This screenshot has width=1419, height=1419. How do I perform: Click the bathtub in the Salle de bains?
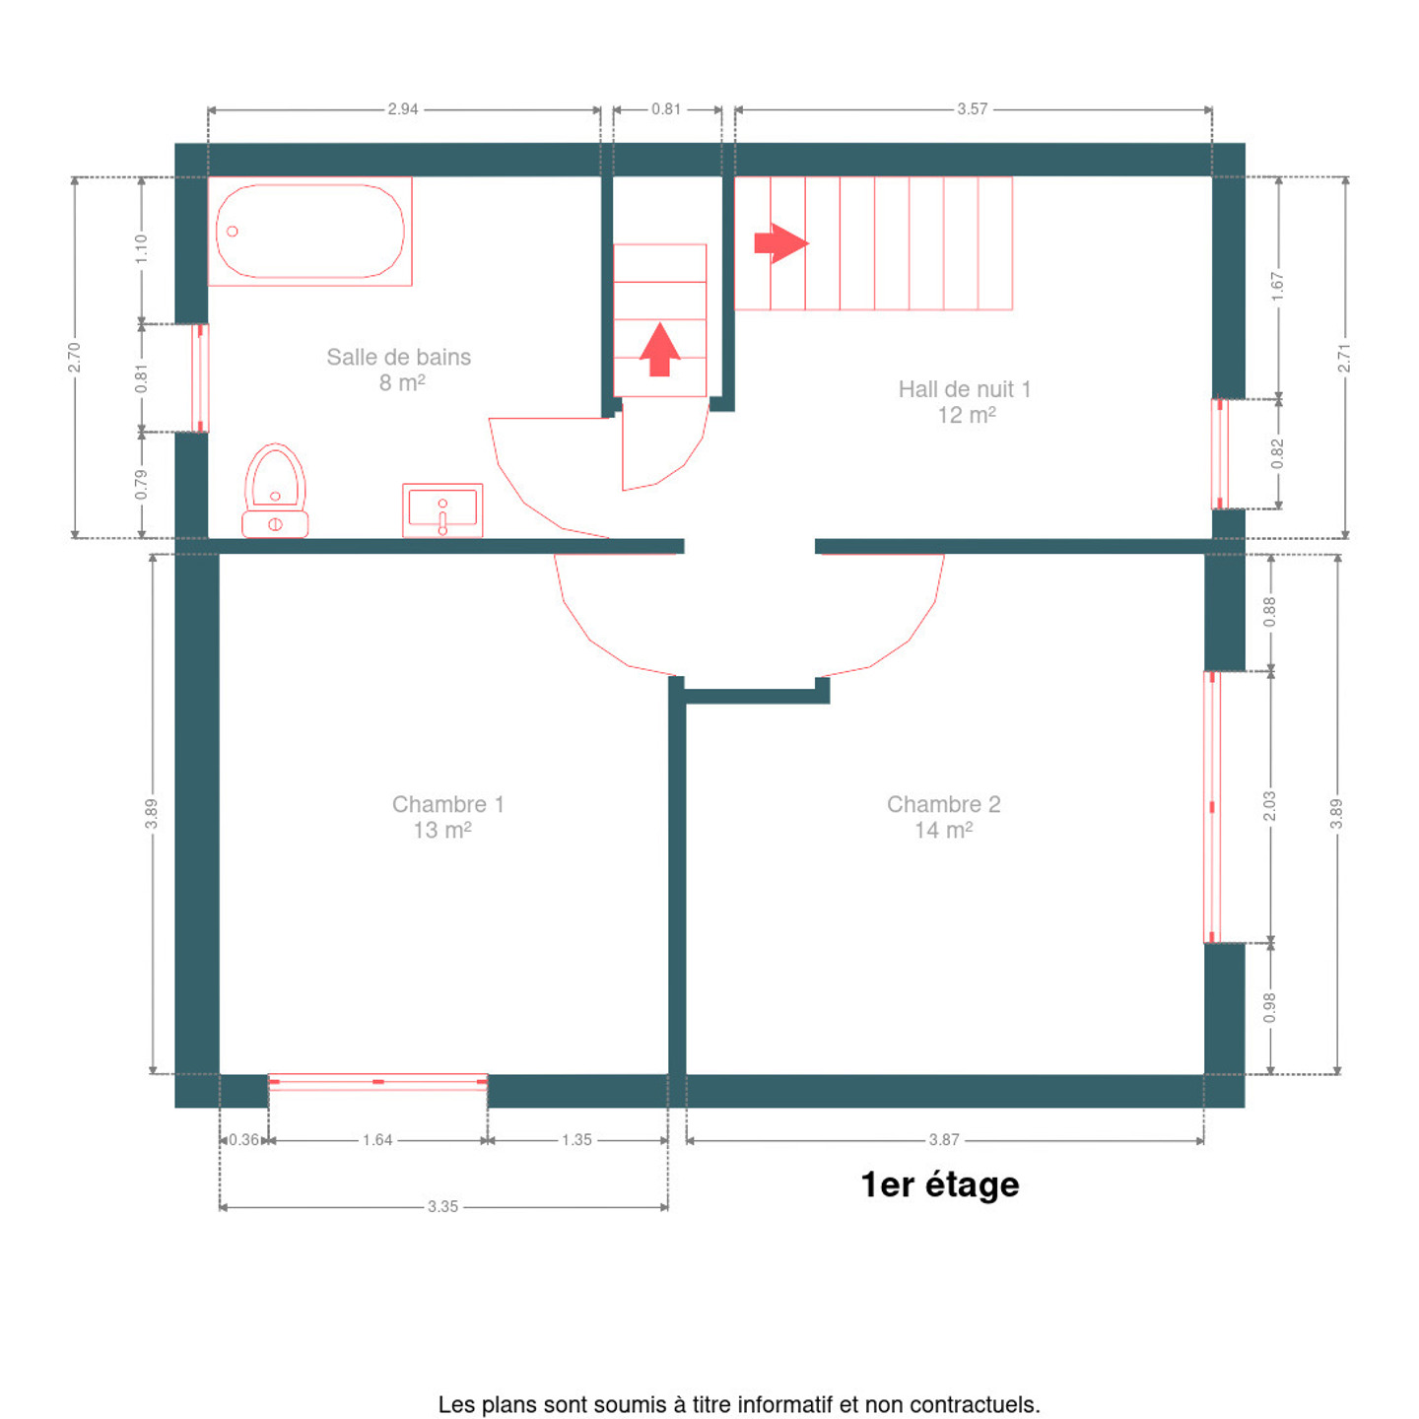[309, 231]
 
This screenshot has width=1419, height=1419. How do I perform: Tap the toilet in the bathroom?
[275, 490]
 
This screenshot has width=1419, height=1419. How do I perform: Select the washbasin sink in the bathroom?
[441, 510]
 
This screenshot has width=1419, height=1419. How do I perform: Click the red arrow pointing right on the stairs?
[781, 243]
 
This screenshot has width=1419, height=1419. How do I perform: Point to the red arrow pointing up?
[660, 350]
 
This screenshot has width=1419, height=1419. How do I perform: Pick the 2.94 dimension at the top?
[403, 109]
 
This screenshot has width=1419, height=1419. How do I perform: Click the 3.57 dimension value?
[972, 109]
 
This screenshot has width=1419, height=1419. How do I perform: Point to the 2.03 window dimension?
[1269, 806]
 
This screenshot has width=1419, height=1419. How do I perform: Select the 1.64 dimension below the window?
[377, 1140]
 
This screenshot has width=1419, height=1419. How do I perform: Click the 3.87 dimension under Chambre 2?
[943, 1140]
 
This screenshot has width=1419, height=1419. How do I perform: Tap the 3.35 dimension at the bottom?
[442, 1206]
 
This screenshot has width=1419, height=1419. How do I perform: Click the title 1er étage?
[940, 1184]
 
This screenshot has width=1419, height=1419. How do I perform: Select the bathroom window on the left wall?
[200, 377]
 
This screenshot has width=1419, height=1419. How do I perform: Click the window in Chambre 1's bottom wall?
[377, 1081]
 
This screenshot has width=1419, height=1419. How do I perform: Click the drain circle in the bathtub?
[232, 232]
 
